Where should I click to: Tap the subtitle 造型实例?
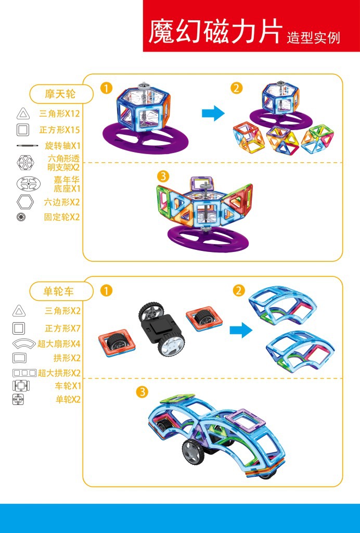click(x=313, y=38)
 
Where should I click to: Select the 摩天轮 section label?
click(x=60, y=94)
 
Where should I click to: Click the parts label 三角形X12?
click(x=59, y=113)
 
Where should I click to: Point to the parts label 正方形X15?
click(x=59, y=130)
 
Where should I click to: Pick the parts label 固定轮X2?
click(x=62, y=217)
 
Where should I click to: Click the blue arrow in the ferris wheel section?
click(x=213, y=113)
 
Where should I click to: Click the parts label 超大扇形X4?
click(x=59, y=344)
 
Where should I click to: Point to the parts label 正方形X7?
click(x=62, y=328)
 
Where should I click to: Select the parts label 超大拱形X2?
click(x=59, y=373)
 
